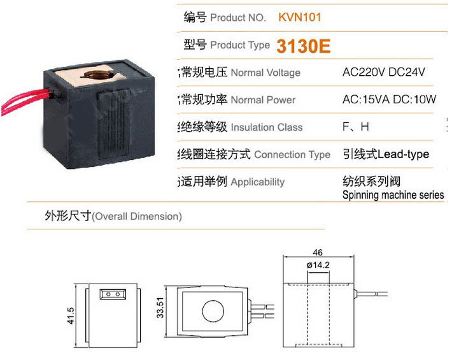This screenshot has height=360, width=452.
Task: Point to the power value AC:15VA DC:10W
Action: tap(389, 99)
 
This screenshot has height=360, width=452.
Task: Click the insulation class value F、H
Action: tap(355, 127)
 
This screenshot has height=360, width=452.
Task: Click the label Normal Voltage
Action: tap(265, 73)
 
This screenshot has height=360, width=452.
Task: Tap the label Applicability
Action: tap(257, 182)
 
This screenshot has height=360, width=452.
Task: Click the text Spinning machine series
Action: tap(393, 196)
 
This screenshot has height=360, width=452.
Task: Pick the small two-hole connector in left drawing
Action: tap(111, 295)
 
